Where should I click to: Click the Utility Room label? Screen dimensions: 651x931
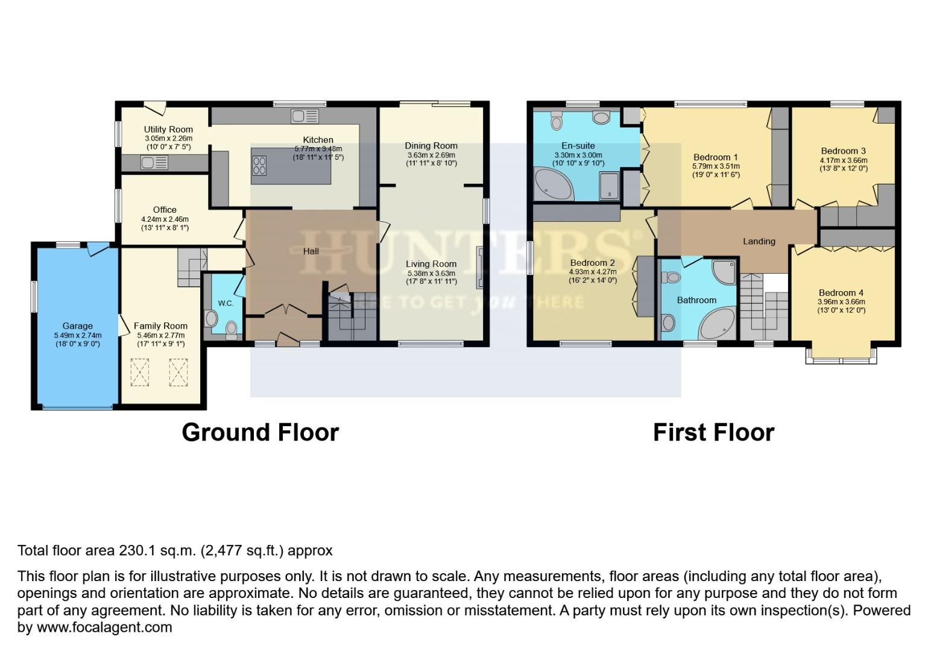click(x=168, y=129)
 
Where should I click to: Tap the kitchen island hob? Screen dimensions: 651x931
click(x=259, y=165)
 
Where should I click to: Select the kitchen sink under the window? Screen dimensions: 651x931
click(x=300, y=116)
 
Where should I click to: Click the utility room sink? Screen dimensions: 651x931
click(x=154, y=162)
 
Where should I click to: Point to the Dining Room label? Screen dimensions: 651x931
click(x=431, y=145)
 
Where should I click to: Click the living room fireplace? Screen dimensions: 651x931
click(x=479, y=267)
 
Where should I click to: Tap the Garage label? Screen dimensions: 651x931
click(x=77, y=326)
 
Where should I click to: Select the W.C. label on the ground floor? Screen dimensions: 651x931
click(x=226, y=303)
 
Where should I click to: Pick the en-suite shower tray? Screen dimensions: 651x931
click(x=609, y=186)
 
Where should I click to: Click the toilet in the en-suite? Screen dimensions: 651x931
click(x=556, y=121)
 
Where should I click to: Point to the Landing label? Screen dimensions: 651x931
click(x=759, y=241)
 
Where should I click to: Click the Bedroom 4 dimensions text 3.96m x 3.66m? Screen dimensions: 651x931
click(x=841, y=302)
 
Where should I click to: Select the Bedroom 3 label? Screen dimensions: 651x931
click(x=843, y=151)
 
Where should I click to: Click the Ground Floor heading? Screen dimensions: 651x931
click(x=260, y=432)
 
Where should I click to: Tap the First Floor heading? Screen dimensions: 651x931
click(x=713, y=432)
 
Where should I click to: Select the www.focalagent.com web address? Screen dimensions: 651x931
click(x=104, y=627)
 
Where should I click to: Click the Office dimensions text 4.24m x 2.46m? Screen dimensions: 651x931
click(x=165, y=219)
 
